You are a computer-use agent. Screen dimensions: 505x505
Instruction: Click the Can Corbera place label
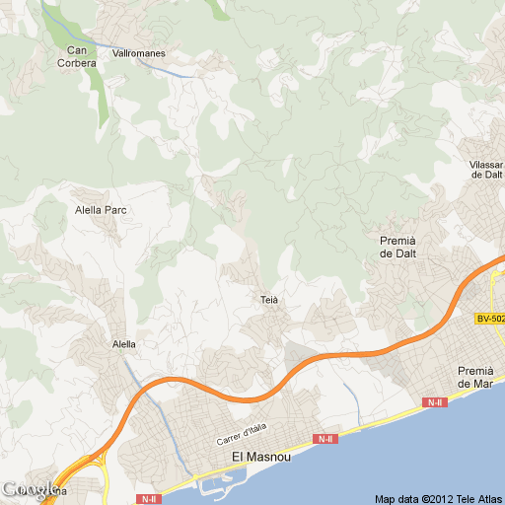click(x=81, y=56)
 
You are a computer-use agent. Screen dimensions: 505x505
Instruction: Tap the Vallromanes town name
click(x=138, y=53)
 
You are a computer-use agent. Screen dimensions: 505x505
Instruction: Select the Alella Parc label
click(x=102, y=210)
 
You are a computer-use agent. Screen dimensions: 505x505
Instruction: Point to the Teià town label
click(x=270, y=299)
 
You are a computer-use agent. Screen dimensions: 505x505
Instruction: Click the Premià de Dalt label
click(x=399, y=247)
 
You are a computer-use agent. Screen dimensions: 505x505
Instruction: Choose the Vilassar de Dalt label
click(x=487, y=169)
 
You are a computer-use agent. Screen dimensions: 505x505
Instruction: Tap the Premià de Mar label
click(x=474, y=377)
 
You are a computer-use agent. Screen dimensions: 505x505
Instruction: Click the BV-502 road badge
click(x=489, y=319)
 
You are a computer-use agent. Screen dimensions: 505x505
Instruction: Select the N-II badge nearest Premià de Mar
click(x=434, y=402)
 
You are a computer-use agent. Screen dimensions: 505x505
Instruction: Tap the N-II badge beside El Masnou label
click(x=325, y=438)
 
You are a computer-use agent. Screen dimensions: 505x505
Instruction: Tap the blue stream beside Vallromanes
click(x=178, y=71)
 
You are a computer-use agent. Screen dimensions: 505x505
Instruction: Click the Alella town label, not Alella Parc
click(x=124, y=344)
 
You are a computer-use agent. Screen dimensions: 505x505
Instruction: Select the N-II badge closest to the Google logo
click(x=148, y=499)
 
